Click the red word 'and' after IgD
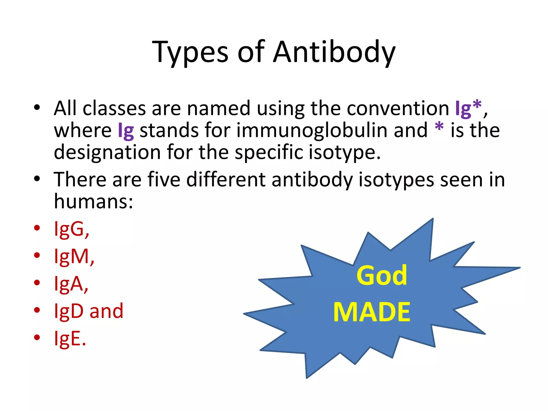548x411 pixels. pyautogui.click(x=106, y=311)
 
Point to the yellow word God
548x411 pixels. pyautogui.click(x=382, y=276)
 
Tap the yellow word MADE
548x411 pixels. pyautogui.click(x=372, y=312)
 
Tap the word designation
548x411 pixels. pyautogui.click(x=107, y=152)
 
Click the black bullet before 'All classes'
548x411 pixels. pyautogui.click(x=37, y=108)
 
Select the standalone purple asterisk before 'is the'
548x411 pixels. pyautogui.click(x=439, y=127)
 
